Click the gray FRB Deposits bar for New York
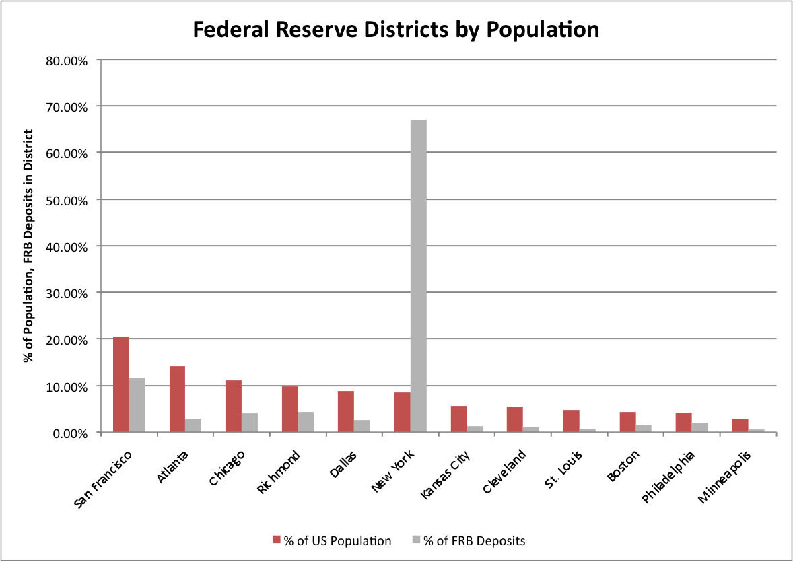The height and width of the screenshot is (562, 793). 418,276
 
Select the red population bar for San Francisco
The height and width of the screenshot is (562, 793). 121,384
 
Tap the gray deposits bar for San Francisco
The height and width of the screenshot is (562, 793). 137,405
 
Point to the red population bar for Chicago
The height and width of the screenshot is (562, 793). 234,407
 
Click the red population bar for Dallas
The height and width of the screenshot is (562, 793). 346,412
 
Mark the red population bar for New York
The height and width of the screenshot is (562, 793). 402,413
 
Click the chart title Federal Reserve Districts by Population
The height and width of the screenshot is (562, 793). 396,30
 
